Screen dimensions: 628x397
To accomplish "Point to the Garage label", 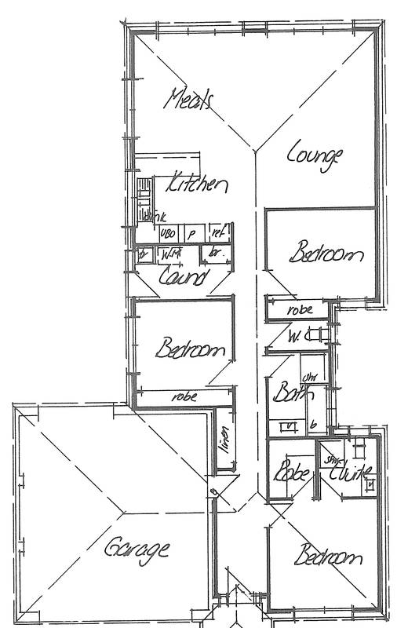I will [137, 547].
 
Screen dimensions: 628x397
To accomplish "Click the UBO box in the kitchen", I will [168, 233].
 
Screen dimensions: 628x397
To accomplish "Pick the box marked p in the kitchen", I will [192, 233].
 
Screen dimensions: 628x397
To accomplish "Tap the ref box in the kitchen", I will [217, 232].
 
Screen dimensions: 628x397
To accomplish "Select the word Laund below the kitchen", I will [183, 276].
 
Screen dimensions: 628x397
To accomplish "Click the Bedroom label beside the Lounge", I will [326, 254].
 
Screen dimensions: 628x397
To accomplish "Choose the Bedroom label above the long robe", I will [191, 349].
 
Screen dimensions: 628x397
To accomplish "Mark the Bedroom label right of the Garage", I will [328, 557].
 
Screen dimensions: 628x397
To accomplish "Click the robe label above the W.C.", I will [300, 310].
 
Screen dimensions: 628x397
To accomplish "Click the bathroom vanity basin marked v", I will [290, 426].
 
